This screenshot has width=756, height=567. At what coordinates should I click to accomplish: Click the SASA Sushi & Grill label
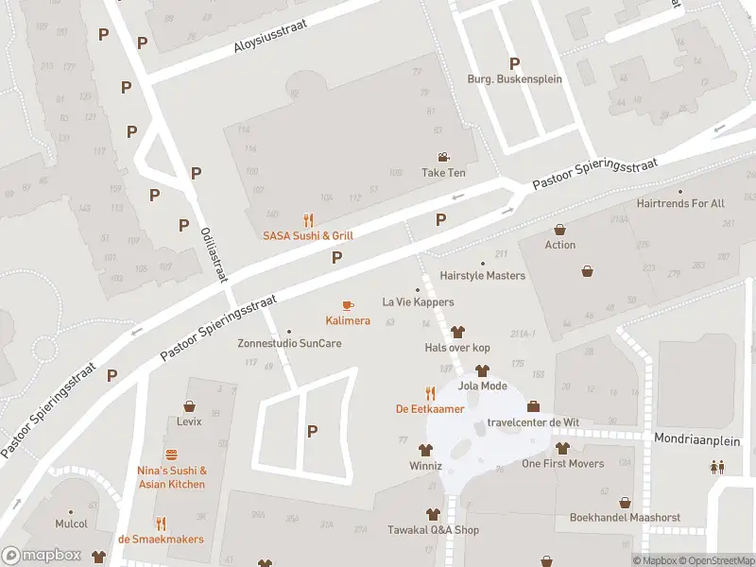(308, 235)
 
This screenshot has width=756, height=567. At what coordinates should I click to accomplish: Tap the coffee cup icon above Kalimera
(347, 305)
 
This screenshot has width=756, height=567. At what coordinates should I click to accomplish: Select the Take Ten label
(443, 173)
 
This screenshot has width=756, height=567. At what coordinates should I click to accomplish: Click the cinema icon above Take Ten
(443, 157)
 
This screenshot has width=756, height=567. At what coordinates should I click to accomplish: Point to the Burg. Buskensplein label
(514, 79)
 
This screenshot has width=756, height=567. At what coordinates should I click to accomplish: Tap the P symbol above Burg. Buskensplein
(514, 63)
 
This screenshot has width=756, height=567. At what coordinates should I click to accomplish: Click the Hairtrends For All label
(680, 203)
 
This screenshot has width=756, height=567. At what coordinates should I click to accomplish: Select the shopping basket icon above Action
(559, 230)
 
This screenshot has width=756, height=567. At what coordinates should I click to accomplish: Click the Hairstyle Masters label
(482, 276)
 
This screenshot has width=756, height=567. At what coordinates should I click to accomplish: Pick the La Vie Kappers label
(418, 302)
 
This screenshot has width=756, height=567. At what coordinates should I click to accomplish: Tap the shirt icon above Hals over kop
(457, 332)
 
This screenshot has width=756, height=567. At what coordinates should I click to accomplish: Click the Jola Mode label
(482, 386)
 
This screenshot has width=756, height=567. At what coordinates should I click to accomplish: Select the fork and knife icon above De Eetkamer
(430, 393)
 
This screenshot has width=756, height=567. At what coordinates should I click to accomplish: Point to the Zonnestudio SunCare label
(289, 343)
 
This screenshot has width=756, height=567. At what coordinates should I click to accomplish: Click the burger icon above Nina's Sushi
(171, 455)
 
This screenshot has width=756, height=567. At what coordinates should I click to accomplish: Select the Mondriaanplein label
(700, 439)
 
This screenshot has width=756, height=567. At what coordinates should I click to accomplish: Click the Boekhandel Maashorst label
(625, 518)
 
